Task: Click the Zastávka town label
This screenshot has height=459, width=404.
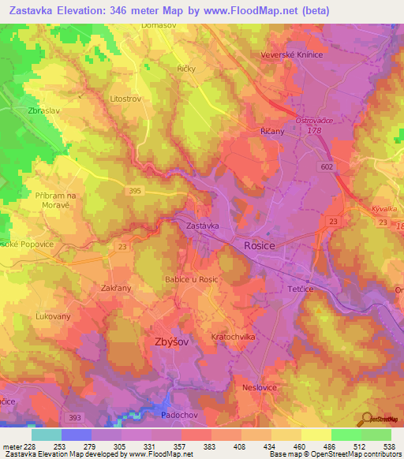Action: click(x=202, y=226)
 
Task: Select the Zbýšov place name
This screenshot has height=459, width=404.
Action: click(x=169, y=341)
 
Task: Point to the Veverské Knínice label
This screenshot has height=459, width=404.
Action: click(x=294, y=55)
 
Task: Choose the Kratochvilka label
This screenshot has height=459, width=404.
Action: click(x=234, y=337)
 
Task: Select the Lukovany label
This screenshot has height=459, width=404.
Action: click(x=53, y=316)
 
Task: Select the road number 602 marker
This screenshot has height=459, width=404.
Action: click(x=327, y=167)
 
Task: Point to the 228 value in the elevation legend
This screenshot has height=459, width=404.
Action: click(x=28, y=446)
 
